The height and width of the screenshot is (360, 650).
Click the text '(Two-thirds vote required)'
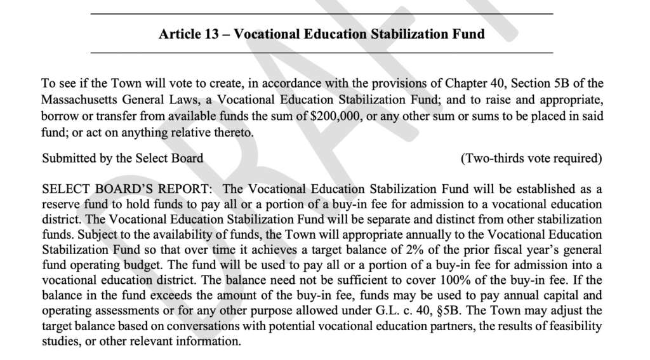[x=531, y=158]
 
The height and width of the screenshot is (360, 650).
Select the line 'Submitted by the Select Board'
[x=123, y=158]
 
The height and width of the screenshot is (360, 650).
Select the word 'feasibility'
[x=576, y=326]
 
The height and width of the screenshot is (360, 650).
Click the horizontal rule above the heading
[x=322, y=13]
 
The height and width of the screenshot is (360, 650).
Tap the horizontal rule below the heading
[x=322, y=52]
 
